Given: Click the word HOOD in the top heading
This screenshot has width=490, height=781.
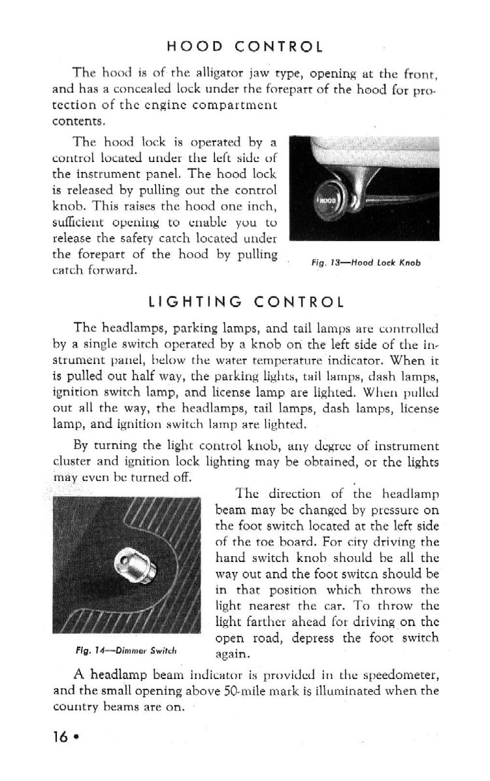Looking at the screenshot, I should (195, 47).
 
